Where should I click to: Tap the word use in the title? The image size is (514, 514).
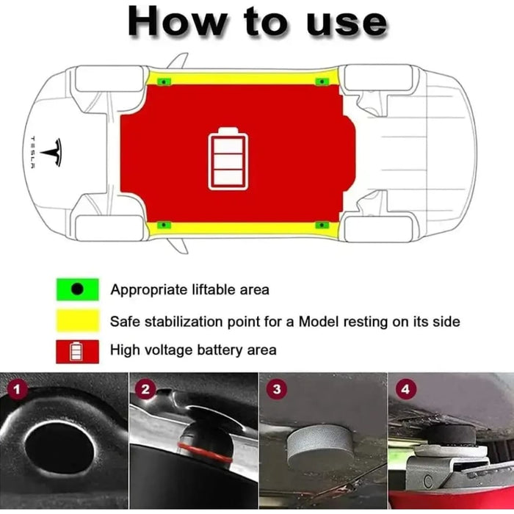pyautogui.click(x=343, y=22)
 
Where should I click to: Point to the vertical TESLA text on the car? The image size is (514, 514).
pyautogui.click(x=32, y=152)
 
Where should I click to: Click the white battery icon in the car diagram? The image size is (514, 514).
pyautogui.click(x=228, y=159)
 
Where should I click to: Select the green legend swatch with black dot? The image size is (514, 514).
pyautogui.click(x=77, y=289)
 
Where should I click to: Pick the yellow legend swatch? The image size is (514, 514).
pyautogui.click(x=77, y=321)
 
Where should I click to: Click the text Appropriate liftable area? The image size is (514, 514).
pyautogui.click(x=189, y=290)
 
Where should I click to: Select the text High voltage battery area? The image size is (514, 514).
pyautogui.click(x=193, y=350)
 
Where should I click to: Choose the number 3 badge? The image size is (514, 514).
pyautogui.click(x=275, y=389)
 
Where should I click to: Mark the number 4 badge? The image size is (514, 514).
pyautogui.click(x=405, y=389)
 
